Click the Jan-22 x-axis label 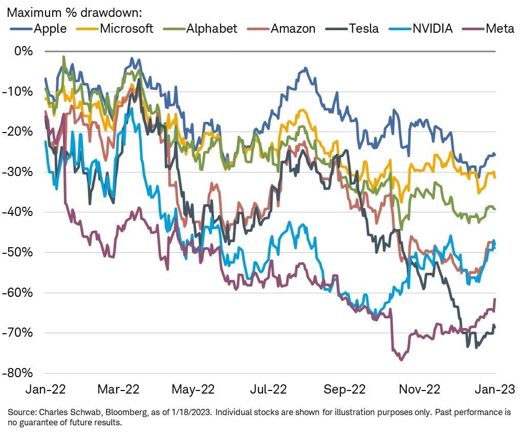(x=45, y=389)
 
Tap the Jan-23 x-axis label (x=494, y=389)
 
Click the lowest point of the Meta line (x=401, y=360)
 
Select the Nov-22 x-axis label (x=420, y=389)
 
